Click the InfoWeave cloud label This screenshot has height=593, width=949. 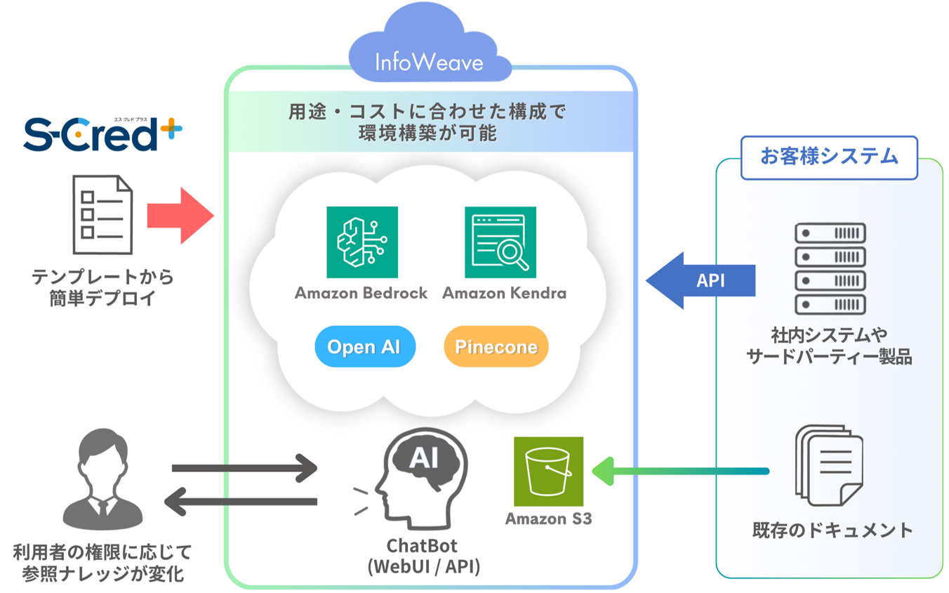coord(430,63)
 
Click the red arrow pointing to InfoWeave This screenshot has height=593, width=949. coord(180,216)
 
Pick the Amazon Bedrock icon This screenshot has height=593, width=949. coord(362,242)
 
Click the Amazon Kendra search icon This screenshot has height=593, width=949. coord(500,242)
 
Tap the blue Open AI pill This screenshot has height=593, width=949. coord(365,346)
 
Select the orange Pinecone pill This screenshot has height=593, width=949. coord(496,346)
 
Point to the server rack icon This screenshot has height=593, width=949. coord(830,268)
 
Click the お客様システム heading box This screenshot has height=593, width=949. coord(829,157)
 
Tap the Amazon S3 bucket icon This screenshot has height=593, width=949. coord(548,471)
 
